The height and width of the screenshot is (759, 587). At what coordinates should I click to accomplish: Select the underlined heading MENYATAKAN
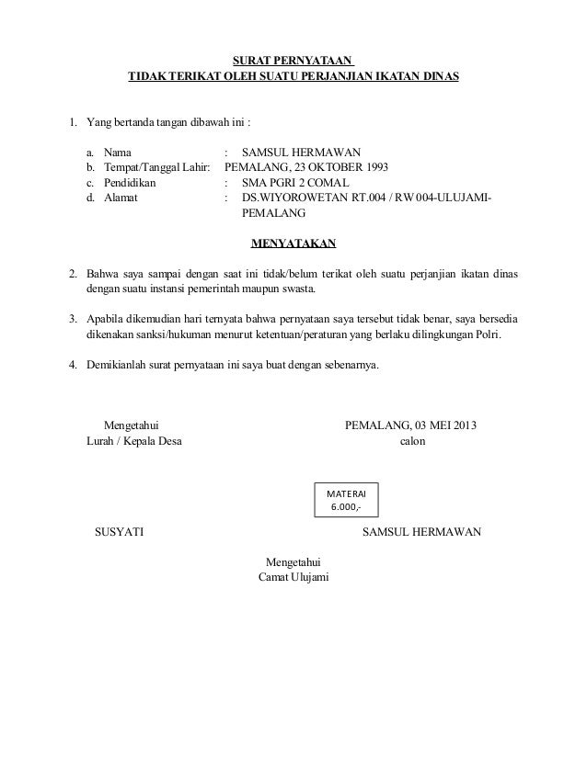click(293, 244)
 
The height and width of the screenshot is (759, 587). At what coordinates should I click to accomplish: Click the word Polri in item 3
click(488, 335)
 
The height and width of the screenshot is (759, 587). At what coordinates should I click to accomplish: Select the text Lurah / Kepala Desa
click(133, 441)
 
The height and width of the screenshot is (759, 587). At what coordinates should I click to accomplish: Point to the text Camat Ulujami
click(294, 577)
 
